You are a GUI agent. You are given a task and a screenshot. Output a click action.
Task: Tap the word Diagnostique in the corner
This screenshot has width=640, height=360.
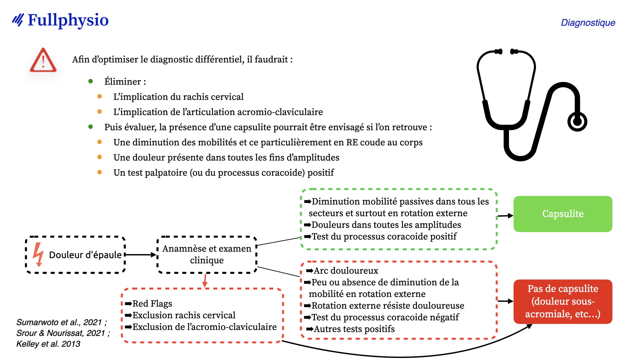point(588,23)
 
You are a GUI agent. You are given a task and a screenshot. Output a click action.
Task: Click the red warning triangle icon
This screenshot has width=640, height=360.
point(43,60)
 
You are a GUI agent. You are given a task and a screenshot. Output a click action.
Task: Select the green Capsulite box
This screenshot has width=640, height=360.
point(563,214)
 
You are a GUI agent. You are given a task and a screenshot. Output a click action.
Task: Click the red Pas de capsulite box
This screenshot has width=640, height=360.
point(563,301)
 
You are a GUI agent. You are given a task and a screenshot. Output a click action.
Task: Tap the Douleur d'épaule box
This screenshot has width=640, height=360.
point(76,255)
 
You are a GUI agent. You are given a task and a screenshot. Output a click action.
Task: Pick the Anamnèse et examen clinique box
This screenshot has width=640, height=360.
point(207,255)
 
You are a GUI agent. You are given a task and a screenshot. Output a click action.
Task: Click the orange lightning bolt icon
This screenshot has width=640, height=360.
point(38,255)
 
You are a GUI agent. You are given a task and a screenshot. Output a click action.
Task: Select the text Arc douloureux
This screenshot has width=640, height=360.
point(346,270)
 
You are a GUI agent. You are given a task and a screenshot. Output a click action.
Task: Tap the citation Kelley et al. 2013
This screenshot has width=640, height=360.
point(48,344)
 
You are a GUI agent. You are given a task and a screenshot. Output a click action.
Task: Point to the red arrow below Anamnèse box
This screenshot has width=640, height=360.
point(205,280)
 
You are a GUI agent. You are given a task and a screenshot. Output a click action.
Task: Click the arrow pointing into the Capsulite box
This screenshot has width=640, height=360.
point(505,216)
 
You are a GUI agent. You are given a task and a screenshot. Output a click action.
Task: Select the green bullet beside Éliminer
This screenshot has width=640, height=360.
point(90,81)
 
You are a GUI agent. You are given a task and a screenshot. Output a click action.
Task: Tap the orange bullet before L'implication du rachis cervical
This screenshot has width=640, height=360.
point(99,96)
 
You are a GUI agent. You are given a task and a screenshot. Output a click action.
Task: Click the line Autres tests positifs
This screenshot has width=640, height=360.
point(354,329)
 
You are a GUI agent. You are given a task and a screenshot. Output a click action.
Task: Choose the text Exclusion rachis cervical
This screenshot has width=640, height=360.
point(184,315)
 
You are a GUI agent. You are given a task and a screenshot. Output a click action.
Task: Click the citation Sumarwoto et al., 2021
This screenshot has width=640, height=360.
point(62,322)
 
